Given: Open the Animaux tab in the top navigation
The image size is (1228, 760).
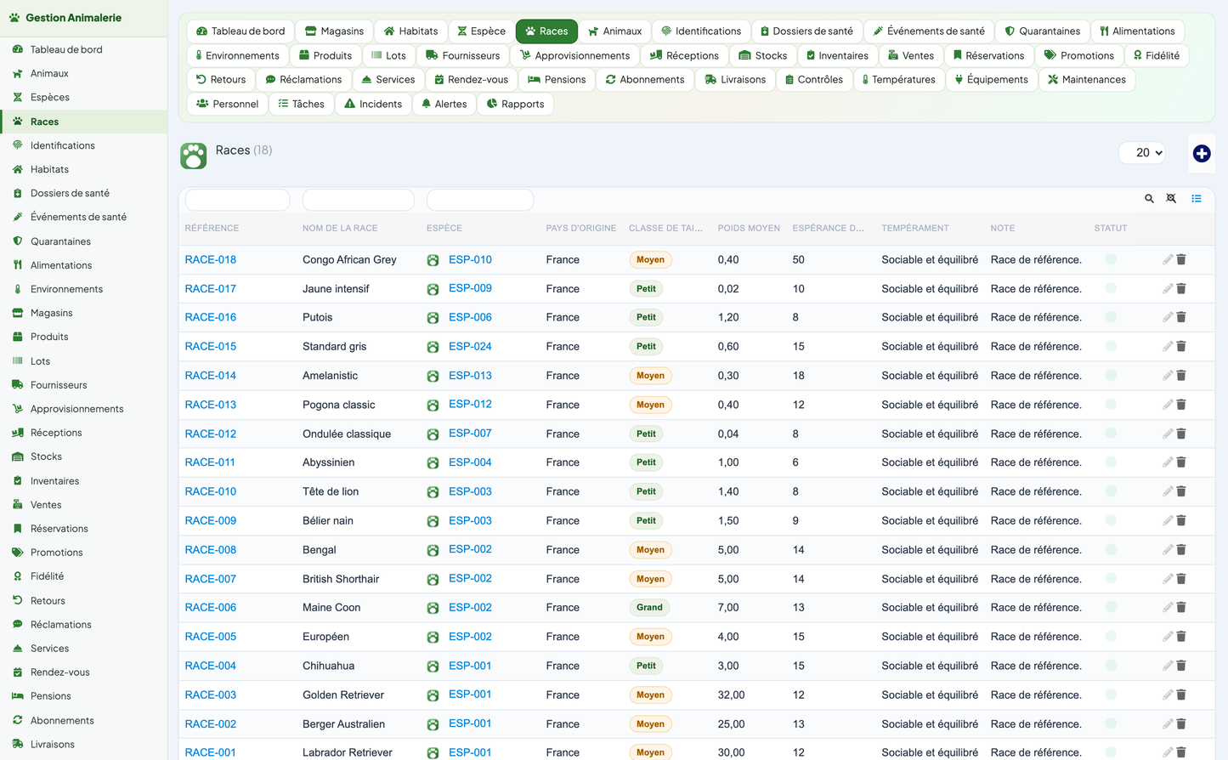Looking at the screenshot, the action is click(614, 31).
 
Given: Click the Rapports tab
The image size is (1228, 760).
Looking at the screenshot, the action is click(515, 104).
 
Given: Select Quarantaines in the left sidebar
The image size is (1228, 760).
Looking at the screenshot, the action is click(60, 241).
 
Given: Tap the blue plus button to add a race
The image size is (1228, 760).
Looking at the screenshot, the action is click(1202, 154).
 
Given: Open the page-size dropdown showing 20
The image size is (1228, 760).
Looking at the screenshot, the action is click(1142, 152).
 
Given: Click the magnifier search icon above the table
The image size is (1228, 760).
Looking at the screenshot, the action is click(1149, 198).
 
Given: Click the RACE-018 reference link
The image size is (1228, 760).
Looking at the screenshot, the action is click(211, 259).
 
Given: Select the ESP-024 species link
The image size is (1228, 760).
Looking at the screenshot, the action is click(470, 346).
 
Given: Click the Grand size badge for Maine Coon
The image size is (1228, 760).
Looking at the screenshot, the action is click(649, 607).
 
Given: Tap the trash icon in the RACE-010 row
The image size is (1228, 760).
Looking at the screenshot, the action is click(1181, 491).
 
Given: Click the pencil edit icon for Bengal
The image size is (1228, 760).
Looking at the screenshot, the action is click(1168, 549).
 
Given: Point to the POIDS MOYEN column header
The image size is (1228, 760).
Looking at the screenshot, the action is click(749, 228).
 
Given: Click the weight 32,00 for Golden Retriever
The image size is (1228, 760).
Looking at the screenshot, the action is click(731, 695).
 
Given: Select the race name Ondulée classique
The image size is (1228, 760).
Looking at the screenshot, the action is click(347, 434).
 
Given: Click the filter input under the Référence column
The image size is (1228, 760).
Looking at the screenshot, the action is click(237, 200).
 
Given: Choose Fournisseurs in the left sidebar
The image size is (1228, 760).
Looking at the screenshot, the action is click(59, 385).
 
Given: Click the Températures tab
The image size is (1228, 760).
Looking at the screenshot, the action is click(898, 80).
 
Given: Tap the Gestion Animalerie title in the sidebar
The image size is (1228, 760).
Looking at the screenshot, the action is click(73, 18).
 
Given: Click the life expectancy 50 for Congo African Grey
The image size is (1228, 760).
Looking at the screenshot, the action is click(798, 259).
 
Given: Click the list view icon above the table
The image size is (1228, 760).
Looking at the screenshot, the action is click(1197, 198).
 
